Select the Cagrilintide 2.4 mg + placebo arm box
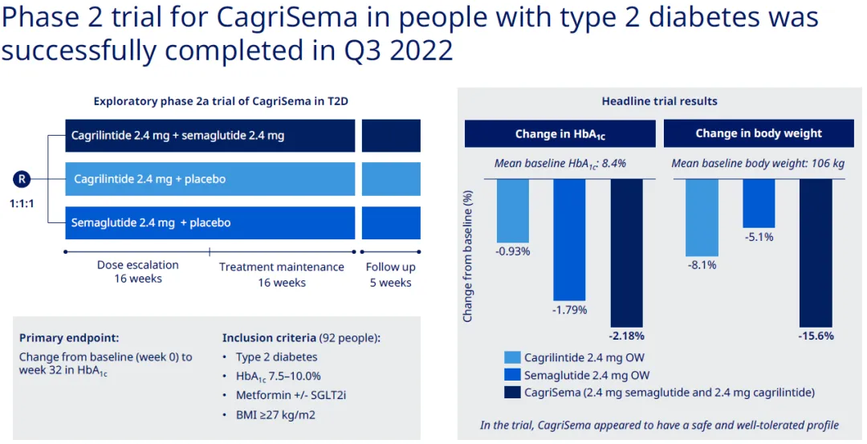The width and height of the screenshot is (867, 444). pyautogui.click(x=210, y=179)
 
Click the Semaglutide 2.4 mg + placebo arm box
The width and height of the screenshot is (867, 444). pyautogui.click(x=210, y=222)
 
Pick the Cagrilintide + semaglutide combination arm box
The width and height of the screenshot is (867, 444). pyautogui.click(x=210, y=136)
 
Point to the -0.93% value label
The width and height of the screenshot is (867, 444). pyautogui.click(x=513, y=251)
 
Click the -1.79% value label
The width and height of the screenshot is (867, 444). pyautogui.click(x=570, y=309)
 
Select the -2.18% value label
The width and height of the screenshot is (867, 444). pyautogui.click(x=626, y=336)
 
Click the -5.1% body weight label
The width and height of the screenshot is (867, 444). pyautogui.click(x=758, y=237)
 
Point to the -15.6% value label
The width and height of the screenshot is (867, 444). pyautogui.click(x=815, y=336)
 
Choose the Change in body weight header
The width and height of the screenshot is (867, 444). pyautogui.click(x=759, y=134)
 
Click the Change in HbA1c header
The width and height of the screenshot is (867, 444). pyautogui.click(x=560, y=134)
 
